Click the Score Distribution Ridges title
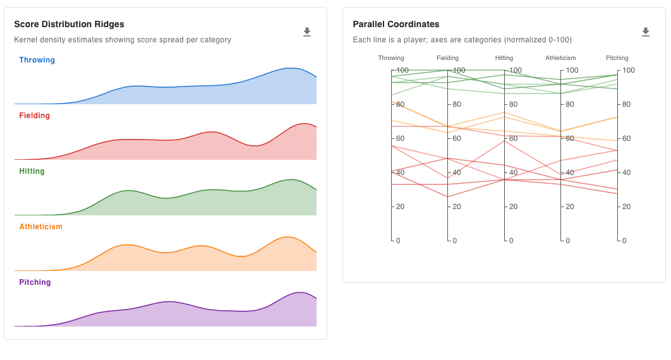69,24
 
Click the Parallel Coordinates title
396,24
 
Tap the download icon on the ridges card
307,32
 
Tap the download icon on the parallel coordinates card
645,32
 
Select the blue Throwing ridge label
37,60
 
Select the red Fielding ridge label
34,116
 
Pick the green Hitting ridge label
32,171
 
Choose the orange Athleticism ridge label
40,227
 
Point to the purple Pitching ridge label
35,282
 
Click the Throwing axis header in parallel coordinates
391,58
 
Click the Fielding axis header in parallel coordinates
447,58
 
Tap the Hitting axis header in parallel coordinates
504,58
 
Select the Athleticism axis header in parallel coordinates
560,58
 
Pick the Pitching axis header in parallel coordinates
617,58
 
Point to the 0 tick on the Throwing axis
398,241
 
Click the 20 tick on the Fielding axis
456,207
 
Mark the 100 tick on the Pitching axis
628,70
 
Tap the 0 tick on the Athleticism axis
567,241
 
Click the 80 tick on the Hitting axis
513,104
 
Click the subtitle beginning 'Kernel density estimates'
123,40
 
